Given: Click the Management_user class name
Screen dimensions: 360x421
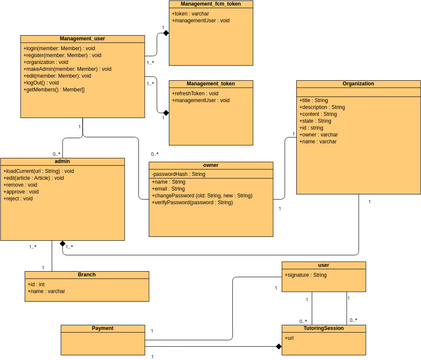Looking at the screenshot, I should tap(82, 39).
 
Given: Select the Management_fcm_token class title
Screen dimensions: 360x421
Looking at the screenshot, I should tap(211, 4).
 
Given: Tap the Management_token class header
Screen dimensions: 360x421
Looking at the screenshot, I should tap(211, 84).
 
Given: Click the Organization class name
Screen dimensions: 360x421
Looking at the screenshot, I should tap(358, 84).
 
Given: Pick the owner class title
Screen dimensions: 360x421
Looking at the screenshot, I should tap(210, 166).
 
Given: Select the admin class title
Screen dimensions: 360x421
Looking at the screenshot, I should tap(62, 161).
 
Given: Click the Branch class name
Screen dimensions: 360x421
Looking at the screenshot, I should tap(87, 274).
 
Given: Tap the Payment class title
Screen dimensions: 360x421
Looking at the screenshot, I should tap(102, 328).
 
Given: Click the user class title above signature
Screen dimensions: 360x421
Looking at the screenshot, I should tap(323, 265).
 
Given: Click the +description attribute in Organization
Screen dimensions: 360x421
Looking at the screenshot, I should tap(322, 108).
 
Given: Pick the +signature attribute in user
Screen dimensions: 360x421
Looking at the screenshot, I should tap(306, 274).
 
